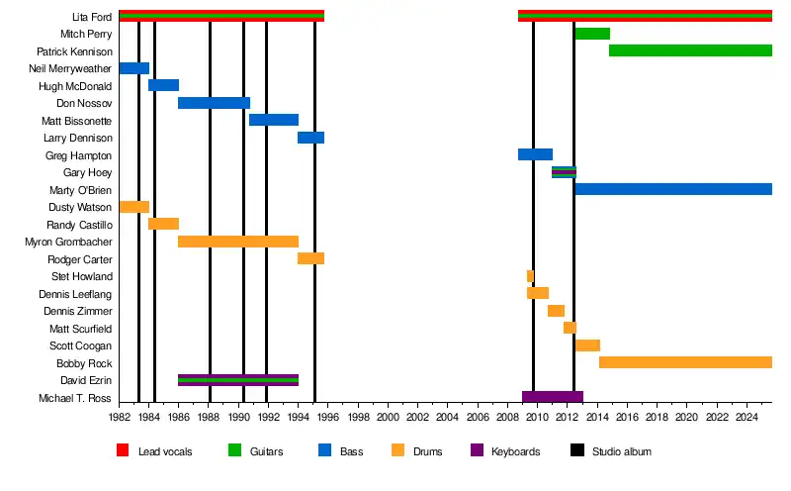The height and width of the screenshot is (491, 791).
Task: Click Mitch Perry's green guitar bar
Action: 591,34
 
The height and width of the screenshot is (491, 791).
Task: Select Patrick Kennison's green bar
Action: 690,50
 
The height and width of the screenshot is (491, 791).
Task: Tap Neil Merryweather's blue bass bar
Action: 133,68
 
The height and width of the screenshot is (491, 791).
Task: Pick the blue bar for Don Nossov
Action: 214,103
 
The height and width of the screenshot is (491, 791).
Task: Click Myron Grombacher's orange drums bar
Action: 237,242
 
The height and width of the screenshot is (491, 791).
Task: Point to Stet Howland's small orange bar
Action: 530,276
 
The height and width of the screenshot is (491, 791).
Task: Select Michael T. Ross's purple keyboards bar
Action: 552,397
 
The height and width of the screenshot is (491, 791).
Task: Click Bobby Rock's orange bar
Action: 685,362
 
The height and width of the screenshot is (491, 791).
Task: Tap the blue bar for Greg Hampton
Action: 535,154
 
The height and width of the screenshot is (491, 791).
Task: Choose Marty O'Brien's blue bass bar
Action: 672,189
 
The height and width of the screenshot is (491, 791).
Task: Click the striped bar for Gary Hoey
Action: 564,172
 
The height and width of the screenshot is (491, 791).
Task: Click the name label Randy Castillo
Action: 79,225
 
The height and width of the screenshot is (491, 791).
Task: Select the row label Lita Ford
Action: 92,17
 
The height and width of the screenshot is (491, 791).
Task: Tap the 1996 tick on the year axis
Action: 328,419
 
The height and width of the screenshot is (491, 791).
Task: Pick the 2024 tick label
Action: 746,419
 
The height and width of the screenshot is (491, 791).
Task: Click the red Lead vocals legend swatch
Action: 123,450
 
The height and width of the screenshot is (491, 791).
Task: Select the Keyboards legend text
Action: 516,451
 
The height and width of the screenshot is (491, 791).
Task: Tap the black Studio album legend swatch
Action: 576,450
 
